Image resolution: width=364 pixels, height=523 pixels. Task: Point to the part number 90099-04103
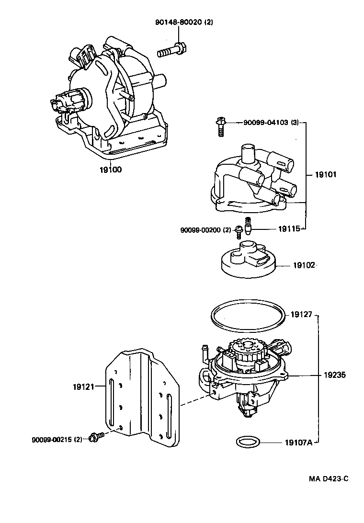(x=265, y=123)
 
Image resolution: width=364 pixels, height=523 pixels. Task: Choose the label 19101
(x=325, y=175)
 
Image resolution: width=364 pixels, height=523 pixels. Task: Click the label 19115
(x=289, y=229)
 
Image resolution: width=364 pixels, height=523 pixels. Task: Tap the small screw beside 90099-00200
(x=238, y=232)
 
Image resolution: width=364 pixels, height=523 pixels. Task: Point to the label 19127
(x=301, y=315)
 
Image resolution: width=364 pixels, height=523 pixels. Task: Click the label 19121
(x=84, y=385)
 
